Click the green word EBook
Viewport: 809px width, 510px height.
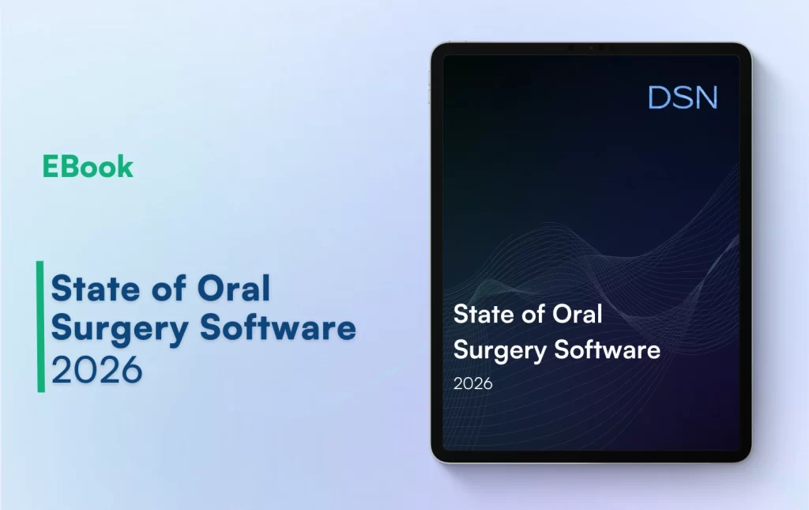[88, 167]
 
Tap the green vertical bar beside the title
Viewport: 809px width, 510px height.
[40, 327]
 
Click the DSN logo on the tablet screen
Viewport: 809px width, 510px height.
[683, 97]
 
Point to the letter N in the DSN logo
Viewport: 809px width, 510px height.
[706, 97]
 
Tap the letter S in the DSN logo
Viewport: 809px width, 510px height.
[683, 97]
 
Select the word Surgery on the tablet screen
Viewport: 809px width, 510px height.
[494, 349]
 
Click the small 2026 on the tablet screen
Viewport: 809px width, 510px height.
[472, 383]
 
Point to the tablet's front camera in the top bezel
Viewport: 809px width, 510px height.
[591, 47]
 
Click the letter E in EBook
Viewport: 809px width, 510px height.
[50, 167]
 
